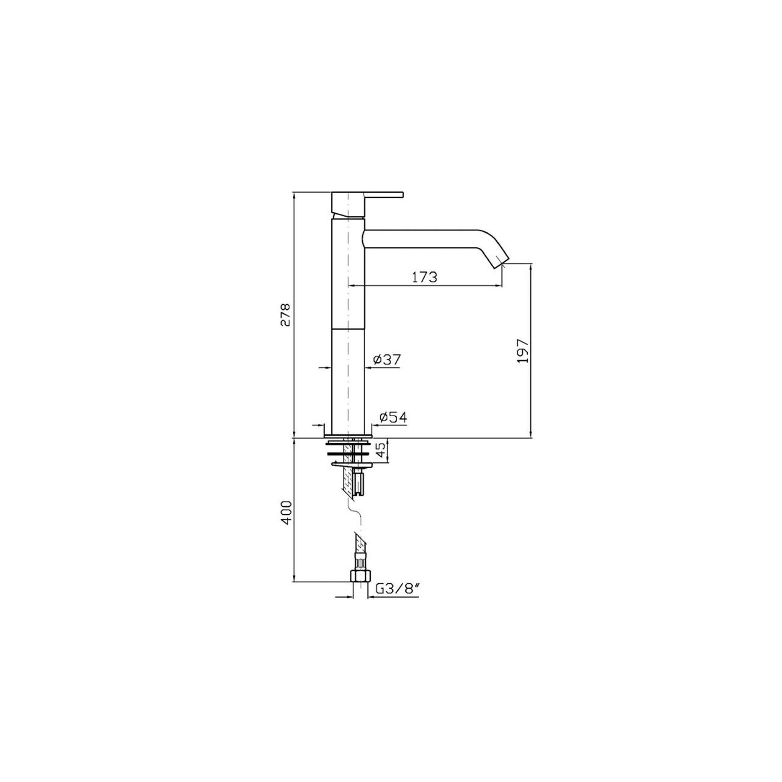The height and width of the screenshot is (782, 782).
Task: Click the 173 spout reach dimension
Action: (425, 277)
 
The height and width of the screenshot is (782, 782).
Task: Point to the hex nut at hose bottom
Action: (359, 575)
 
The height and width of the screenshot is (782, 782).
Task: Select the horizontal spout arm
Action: (420, 237)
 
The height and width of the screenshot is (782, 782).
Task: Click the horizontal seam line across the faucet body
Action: (348, 328)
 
